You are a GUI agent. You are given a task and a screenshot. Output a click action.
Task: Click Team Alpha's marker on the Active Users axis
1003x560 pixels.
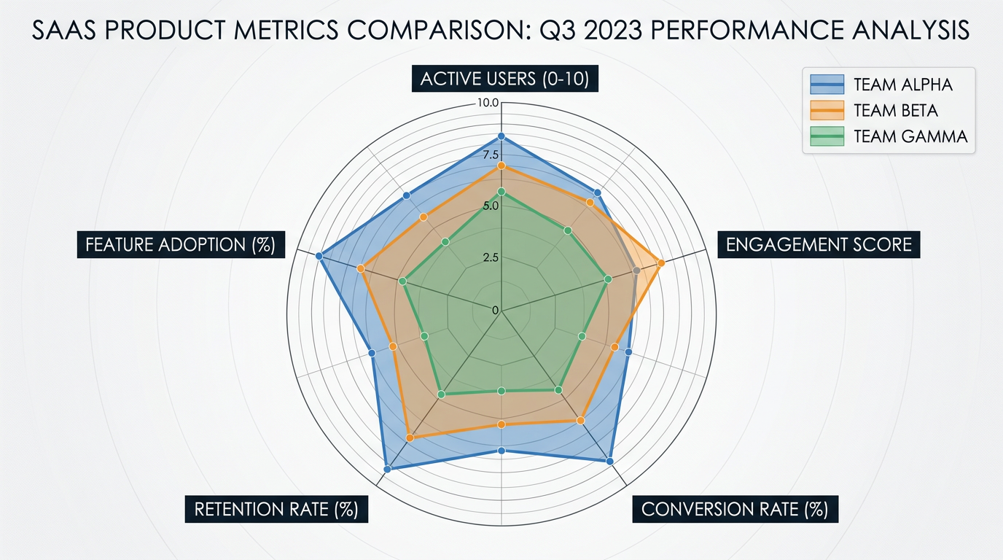(x=501, y=136)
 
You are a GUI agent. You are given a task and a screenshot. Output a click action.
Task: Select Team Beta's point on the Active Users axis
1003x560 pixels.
(x=501, y=166)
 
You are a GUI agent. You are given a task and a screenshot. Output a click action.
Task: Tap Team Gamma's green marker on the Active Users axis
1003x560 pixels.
(x=501, y=191)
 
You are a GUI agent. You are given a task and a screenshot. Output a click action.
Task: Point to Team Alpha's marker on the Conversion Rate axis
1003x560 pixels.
(x=609, y=461)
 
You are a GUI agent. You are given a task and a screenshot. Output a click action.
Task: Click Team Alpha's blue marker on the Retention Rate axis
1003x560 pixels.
(x=387, y=469)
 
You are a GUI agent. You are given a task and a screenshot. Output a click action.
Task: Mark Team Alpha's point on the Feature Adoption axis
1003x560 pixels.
(x=319, y=255)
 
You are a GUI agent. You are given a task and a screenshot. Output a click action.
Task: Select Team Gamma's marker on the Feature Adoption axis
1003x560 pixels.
(x=402, y=281)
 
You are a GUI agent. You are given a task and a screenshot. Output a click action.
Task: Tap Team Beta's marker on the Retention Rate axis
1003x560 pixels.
(x=410, y=437)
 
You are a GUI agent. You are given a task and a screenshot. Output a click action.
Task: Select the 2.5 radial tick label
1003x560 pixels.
(x=490, y=257)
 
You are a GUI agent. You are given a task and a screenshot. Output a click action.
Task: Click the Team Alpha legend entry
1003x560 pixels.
(x=902, y=85)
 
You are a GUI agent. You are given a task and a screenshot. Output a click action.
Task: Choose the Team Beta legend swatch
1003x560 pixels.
(x=827, y=111)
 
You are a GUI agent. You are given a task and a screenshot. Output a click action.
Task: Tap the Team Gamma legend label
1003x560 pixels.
(x=910, y=136)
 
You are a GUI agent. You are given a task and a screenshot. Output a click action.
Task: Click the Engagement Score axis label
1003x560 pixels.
(x=819, y=244)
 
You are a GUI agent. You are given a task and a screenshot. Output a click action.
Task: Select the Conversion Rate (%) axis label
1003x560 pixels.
(x=735, y=509)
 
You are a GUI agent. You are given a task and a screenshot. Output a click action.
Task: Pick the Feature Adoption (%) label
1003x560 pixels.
(x=180, y=244)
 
